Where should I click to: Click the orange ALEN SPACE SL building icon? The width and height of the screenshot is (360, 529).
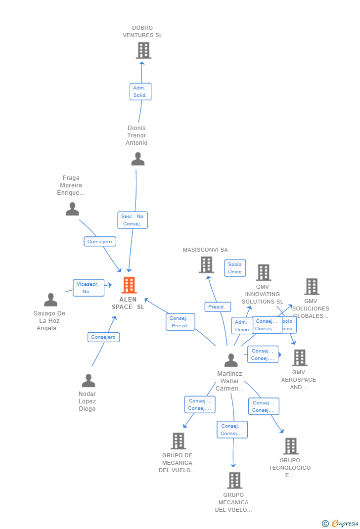tap(129, 285)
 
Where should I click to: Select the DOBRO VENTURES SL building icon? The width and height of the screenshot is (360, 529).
tap(143, 50)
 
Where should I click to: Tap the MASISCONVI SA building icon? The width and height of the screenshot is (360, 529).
tap(206, 265)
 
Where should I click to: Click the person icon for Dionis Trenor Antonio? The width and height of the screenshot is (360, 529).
tap(137, 159)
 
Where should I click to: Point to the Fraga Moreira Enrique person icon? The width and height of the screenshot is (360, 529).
tap(72, 209)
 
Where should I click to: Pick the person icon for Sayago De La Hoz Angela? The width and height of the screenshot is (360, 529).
tap(50, 300)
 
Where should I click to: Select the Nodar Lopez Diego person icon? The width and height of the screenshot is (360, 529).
tap(88, 381)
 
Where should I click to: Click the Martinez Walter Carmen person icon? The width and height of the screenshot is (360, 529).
tap(231, 360)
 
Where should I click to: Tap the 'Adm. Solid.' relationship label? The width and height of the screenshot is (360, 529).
tap(140, 91)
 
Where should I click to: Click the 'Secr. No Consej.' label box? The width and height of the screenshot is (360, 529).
tap(132, 220)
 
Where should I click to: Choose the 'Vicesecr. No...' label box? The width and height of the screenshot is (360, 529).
tap(89, 288)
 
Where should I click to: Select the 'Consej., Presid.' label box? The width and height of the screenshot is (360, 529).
tap(180, 322)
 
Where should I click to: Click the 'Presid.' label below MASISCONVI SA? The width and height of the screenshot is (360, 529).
tap(217, 307)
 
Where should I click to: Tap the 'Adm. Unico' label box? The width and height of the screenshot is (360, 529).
tap(242, 326)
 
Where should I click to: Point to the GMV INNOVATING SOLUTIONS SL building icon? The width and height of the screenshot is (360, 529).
tap(263, 272)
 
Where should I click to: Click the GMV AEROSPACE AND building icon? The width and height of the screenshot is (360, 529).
tap(299, 357)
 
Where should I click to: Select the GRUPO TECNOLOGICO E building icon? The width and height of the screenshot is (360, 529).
tap(291, 446)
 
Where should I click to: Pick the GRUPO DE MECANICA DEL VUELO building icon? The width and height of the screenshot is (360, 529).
tap(178, 441)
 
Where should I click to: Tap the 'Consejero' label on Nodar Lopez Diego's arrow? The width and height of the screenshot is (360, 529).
tap(104, 337)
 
